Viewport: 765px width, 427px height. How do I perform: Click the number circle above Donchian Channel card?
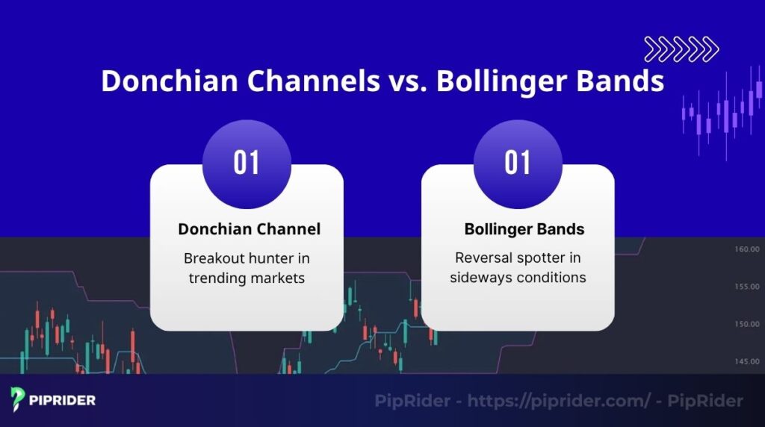click(247, 163)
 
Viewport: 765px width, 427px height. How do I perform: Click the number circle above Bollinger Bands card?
click(518, 163)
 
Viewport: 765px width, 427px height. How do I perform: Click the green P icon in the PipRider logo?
click(18, 400)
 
